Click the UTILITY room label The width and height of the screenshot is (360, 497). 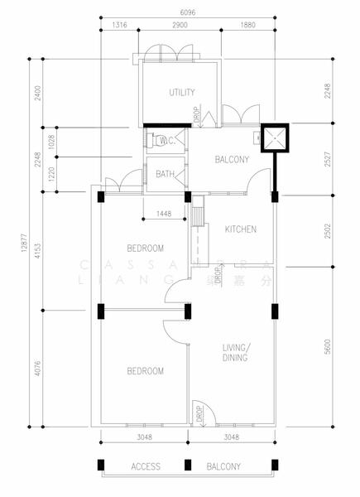coord(181,91)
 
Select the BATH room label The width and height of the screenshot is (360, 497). coord(165,174)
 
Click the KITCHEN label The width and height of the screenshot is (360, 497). coord(240,229)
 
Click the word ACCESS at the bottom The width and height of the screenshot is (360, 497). coord(146,467)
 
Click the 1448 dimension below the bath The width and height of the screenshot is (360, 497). coord(164,215)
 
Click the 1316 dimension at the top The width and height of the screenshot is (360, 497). coord(120,26)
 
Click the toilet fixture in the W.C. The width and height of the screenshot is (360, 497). coord(150,141)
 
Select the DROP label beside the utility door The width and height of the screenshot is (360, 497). coord(196,117)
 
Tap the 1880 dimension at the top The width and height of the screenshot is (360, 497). coord(247,26)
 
